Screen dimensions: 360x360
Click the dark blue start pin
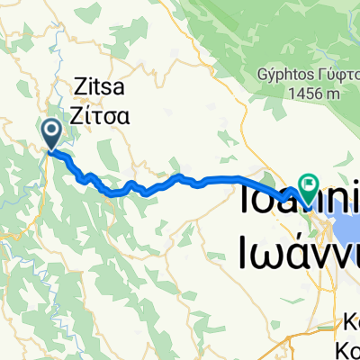(x=51, y=135)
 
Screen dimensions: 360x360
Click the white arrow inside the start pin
(x=51, y=133)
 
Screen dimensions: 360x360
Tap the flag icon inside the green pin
(x=309, y=186)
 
